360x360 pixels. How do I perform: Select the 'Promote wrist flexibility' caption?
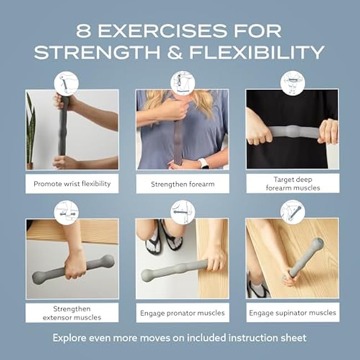(x=72, y=183)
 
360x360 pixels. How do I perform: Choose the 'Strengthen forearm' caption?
(x=182, y=183)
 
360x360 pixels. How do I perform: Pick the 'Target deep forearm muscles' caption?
(x=292, y=183)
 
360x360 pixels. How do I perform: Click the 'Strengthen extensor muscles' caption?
(x=72, y=312)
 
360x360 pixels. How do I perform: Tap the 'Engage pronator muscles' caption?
(x=182, y=312)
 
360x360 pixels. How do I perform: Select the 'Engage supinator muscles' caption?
(x=292, y=312)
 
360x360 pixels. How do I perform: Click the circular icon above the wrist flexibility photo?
(x=66, y=83)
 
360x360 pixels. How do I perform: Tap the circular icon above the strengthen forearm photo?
(x=182, y=83)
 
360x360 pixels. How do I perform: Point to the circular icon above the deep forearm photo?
(x=292, y=83)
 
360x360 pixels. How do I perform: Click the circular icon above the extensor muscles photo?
(x=66, y=212)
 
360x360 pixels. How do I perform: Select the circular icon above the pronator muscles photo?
(x=182, y=212)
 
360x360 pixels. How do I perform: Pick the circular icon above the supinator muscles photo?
(x=292, y=212)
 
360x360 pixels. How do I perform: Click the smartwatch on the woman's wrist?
(x=204, y=163)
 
